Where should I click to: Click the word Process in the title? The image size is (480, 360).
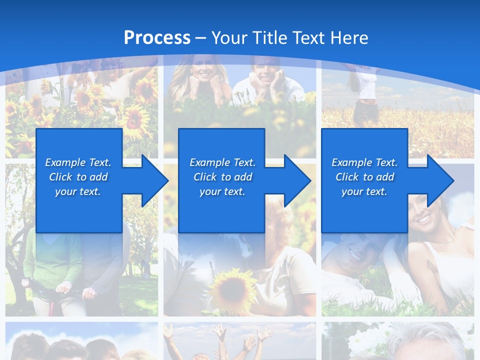pos(157,37)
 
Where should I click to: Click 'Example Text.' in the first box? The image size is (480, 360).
pos(78,162)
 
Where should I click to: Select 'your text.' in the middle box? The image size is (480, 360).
pos(222,191)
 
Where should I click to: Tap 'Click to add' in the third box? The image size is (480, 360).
pos(364,177)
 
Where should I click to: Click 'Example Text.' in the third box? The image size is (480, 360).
pos(364,162)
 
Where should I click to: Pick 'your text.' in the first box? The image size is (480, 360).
pos(78,191)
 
